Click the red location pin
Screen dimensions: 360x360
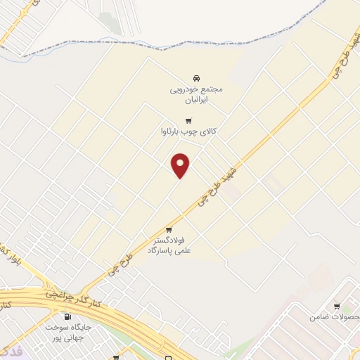181,165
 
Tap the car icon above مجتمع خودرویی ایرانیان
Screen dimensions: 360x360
195,78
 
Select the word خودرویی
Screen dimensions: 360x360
184,90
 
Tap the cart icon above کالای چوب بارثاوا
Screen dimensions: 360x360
188,120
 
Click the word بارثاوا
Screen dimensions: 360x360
174,131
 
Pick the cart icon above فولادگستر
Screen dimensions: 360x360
169,229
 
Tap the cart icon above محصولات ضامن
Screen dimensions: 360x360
337,306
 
